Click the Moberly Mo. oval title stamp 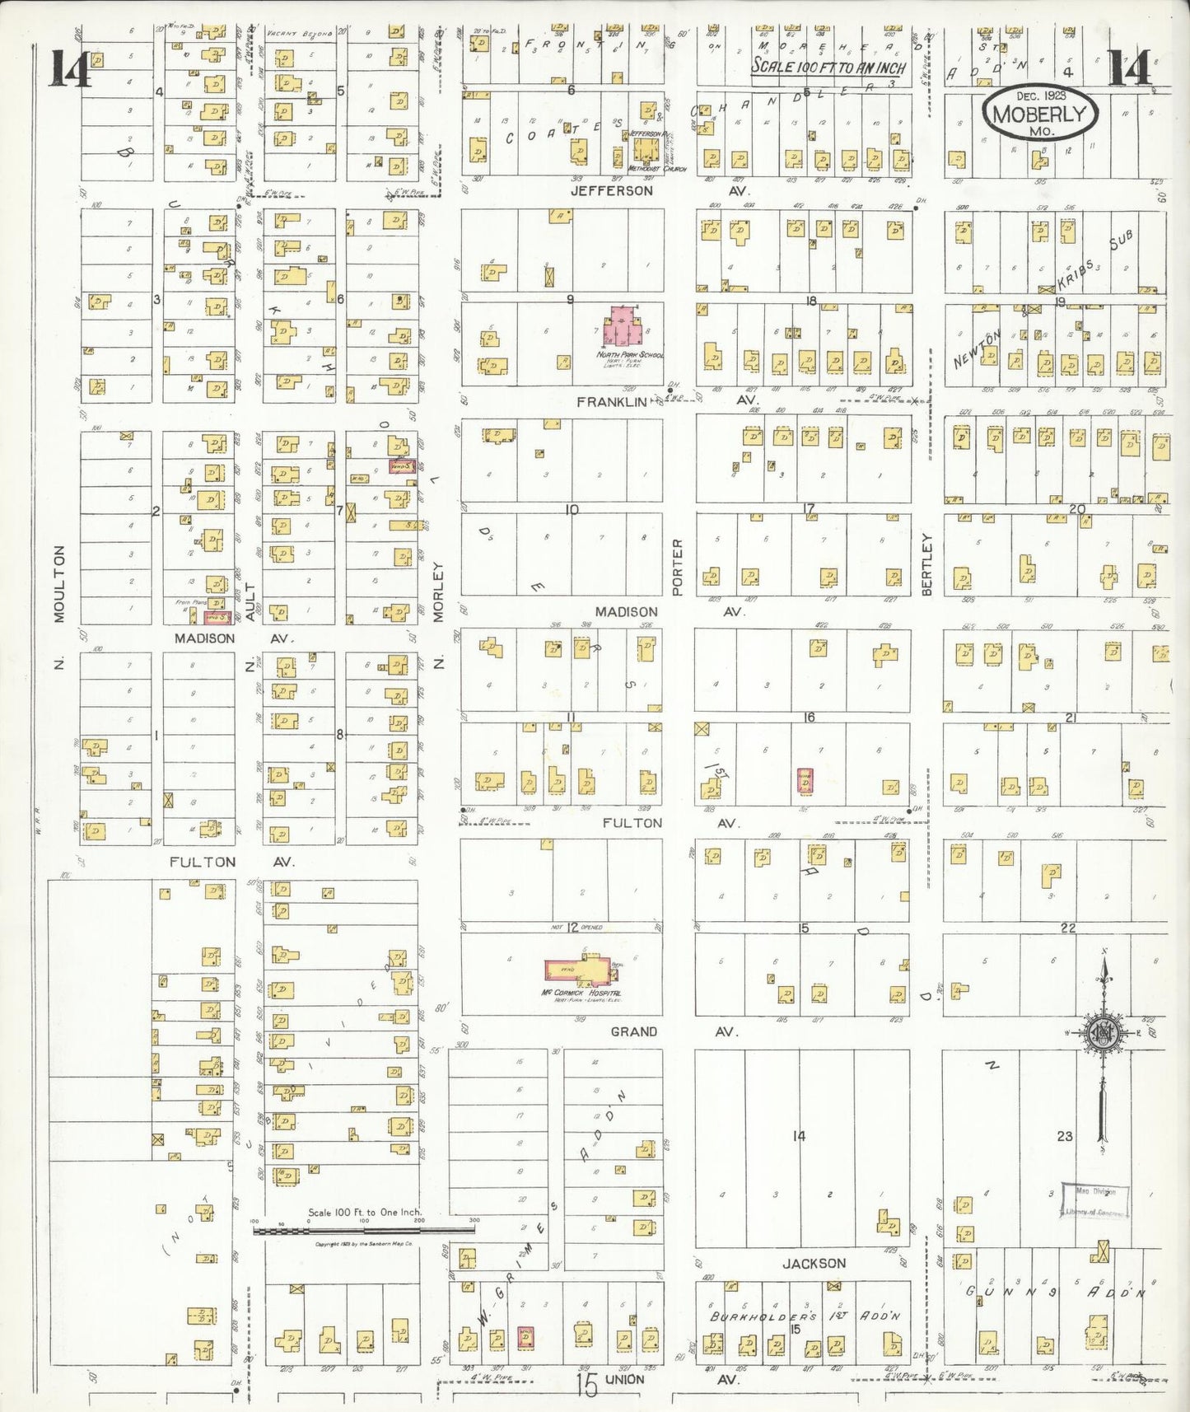pos(1039,115)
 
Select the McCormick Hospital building pos(581,971)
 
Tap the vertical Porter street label pos(678,566)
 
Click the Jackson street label pos(814,1263)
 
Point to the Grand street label pos(633,1031)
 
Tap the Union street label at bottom pos(624,1379)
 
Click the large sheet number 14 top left pos(70,68)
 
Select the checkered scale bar pos(364,1230)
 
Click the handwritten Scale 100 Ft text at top pos(828,68)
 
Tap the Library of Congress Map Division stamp pos(1094,1200)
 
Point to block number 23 pos(1065,1136)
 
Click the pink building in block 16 pos(805,780)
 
